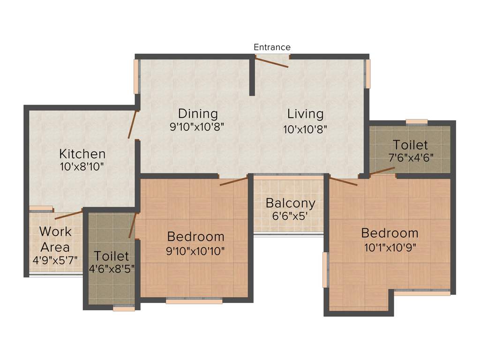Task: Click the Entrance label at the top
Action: (x=272, y=47)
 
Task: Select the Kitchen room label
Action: (x=82, y=154)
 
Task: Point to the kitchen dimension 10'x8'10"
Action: (x=82, y=166)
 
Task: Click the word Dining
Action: (x=198, y=113)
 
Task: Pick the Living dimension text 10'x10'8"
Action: (x=305, y=128)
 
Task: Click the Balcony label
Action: (x=290, y=203)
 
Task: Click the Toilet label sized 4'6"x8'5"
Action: (x=111, y=256)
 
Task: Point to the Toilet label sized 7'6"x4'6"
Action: (x=410, y=144)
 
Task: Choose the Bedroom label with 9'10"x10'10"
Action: (x=195, y=236)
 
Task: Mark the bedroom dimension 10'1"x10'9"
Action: (x=390, y=247)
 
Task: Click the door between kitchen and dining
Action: (x=132, y=125)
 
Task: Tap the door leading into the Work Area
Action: (x=68, y=215)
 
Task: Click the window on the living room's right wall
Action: (x=368, y=74)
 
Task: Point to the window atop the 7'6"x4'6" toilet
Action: (x=416, y=122)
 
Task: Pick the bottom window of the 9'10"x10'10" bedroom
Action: (x=194, y=301)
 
